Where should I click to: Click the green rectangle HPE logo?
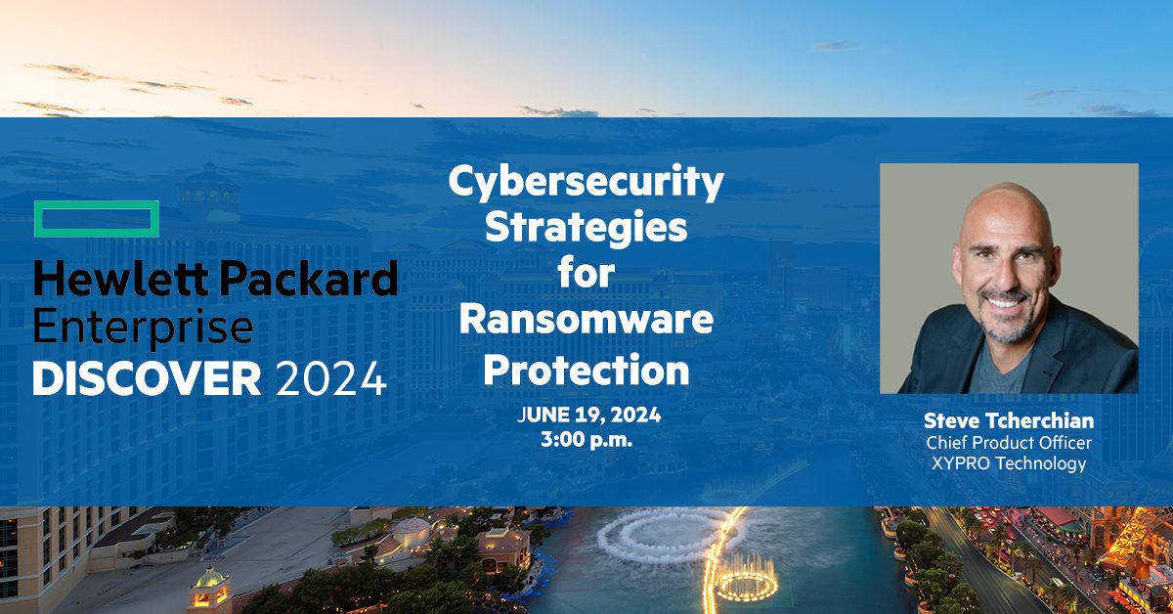[x=96, y=219]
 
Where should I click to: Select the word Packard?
[x=308, y=280]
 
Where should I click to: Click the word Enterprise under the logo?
[x=144, y=328]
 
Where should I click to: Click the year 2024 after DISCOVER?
[x=331, y=378]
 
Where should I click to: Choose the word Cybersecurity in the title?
[x=586, y=184]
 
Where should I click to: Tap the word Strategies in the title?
[x=586, y=229]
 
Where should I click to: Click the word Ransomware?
[x=586, y=320]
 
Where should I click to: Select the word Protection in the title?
[x=586, y=371]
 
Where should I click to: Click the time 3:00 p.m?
[x=586, y=440]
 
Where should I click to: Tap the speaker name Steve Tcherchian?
[x=1008, y=421]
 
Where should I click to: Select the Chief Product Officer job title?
[x=1008, y=444]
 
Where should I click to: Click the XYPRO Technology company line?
[x=1008, y=464]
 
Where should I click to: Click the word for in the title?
[x=586, y=275]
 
